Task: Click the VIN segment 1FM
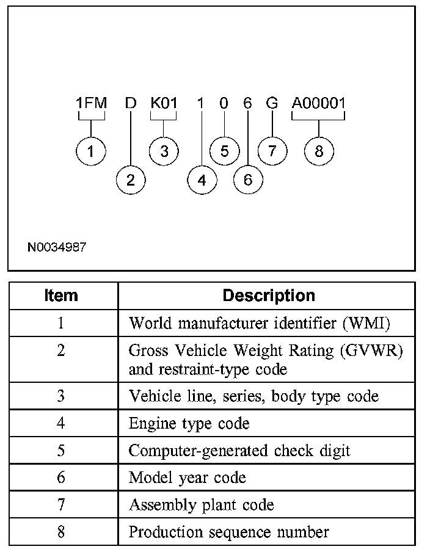tap(91, 103)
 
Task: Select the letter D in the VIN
tap(131, 103)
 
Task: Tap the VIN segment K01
tap(164, 103)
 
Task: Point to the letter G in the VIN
tap(272, 103)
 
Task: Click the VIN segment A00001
tap(318, 103)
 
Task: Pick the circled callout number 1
tap(91, 151)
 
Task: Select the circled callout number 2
tap(131, 180)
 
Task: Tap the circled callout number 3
tap(164, 151)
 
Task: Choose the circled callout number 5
tap(224, 151)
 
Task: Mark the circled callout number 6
tap(248, 180)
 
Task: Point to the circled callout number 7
tap(272, 151)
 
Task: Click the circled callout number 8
tap(318, 151)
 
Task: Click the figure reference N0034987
tap(57, 248)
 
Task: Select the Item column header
tap(61, 296)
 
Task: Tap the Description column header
tap(269, 296)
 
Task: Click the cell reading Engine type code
tap(189, 423)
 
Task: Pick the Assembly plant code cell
tap(202, 505)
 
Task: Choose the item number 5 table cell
tap(61, 451)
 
